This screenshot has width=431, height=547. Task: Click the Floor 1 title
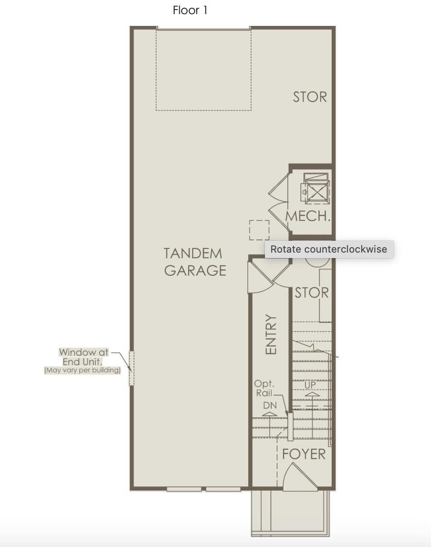click(190, 10)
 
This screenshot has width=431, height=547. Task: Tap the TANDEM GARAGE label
click(195, 262)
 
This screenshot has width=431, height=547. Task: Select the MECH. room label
click(308, 216)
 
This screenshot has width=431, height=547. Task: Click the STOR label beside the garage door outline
click(310, 97)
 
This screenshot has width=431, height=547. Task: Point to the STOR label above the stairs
click(312, 293)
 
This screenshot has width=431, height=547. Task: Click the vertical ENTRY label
click(271, 334)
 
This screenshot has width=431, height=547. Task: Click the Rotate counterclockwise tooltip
click(329, 249)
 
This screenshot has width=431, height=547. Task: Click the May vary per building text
click(82, 370)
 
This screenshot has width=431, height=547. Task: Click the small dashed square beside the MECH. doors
click(259, 230)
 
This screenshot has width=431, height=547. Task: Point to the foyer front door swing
click(299, 477)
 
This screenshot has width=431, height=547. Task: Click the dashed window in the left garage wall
click(132, 368)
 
